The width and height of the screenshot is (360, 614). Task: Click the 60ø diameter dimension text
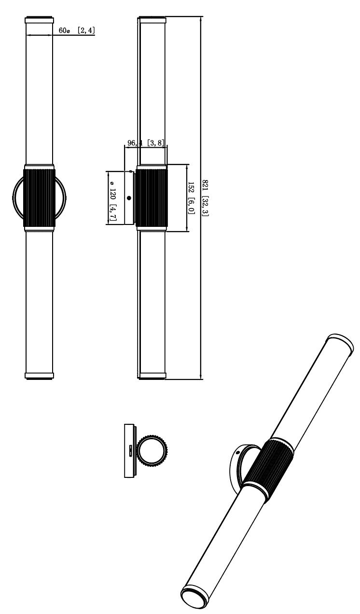[64, 30]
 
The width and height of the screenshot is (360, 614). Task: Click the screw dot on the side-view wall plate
[129, 198]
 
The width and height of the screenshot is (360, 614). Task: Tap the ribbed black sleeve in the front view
[40, 198]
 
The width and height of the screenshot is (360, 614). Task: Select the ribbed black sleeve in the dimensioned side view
[152, 198]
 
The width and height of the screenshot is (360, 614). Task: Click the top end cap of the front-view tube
[40, 20]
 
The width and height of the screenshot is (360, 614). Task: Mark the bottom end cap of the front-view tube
[40, 376]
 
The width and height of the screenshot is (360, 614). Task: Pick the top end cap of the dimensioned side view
[152, 20]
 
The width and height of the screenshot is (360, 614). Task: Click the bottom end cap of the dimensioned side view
[152, 376]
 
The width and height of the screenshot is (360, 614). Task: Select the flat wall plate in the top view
[129, 451]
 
